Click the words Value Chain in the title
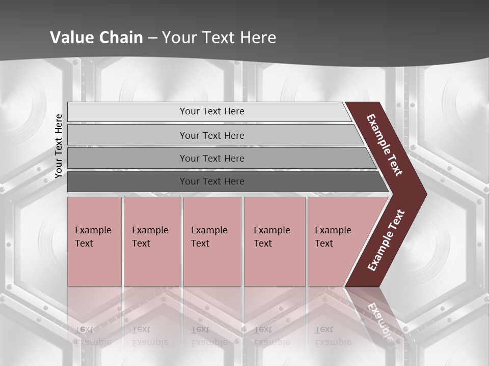[96, 37]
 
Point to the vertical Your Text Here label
[59, 146]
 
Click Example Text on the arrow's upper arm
[385, 145]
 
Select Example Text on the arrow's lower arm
[386, 240]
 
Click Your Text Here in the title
[219, 37]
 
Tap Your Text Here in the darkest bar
[212, 181]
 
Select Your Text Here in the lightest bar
[212, 111]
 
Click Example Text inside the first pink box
[93, 236]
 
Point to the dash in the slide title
[152, 38]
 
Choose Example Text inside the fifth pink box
[333, 236]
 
